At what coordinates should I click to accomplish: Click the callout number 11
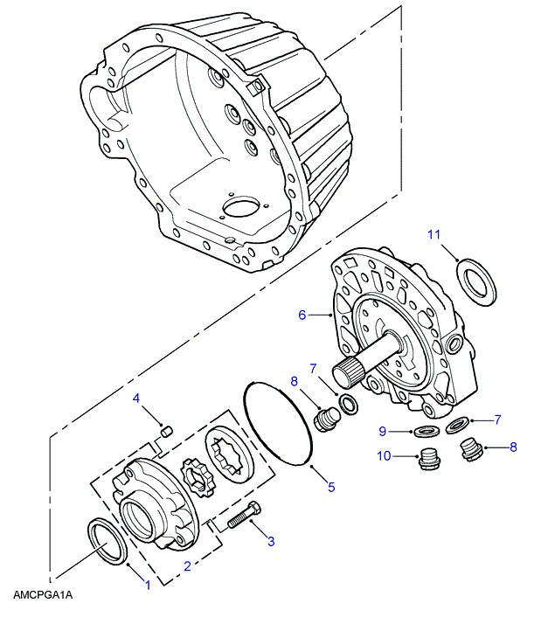(x=433, y=235)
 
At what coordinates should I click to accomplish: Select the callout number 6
(x=302, y=315)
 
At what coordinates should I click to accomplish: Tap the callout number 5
(x=331, y=487)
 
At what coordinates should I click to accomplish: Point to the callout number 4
(x=136, y=398)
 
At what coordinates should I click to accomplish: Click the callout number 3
(x=271, y=541)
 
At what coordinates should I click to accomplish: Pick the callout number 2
(x=187, y=566)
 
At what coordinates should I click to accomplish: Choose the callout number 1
(x=148, y=585)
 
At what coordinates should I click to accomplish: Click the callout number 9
(x=383, y=432)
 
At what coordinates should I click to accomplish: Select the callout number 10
(x=384, y=455)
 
